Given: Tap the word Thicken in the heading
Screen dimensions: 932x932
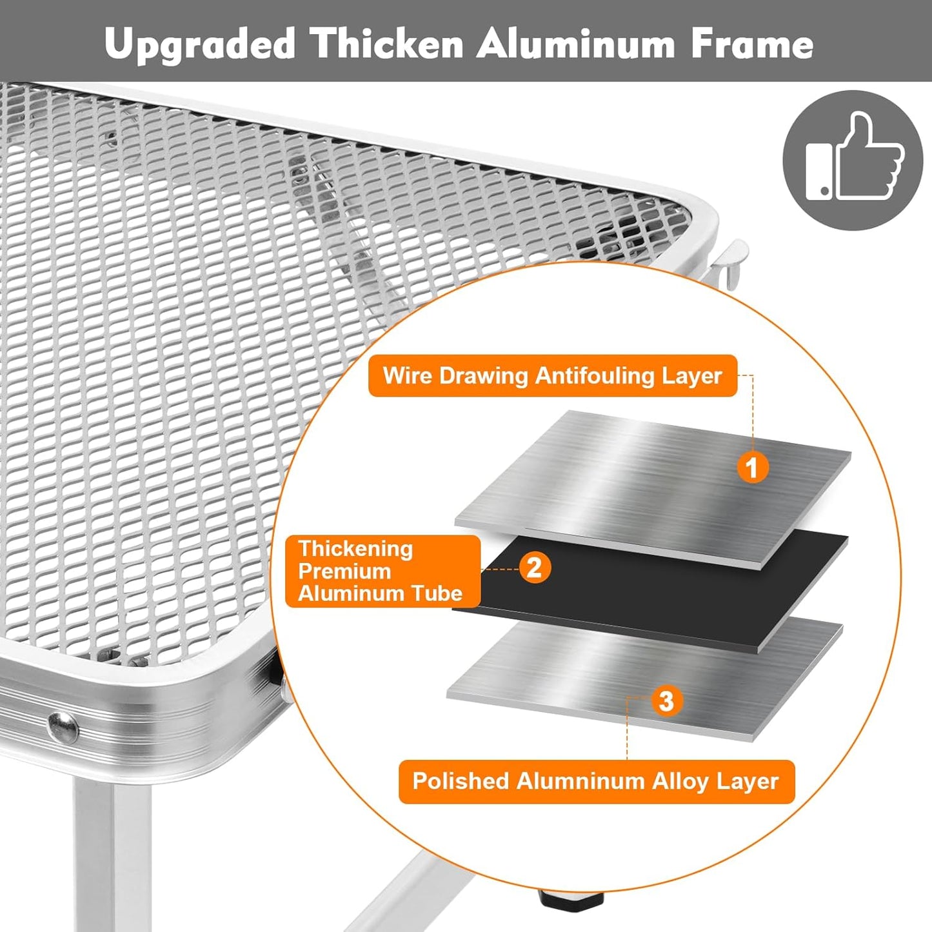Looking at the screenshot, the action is [386, 43].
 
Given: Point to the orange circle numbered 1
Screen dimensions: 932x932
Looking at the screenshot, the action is [753, 468].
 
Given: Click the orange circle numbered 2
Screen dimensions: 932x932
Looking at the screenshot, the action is [535, 567].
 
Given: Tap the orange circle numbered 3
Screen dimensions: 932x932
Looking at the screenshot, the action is [666, 700].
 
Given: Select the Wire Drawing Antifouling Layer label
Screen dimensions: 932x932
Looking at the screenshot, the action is [552, 376].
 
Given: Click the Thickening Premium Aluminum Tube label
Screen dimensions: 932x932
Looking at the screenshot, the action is [382, 571].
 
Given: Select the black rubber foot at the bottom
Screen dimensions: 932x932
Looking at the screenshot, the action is [571, 898].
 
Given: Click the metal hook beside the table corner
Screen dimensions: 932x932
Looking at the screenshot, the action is [729, 263].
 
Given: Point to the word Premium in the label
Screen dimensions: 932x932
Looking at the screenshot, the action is [344, 571].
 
